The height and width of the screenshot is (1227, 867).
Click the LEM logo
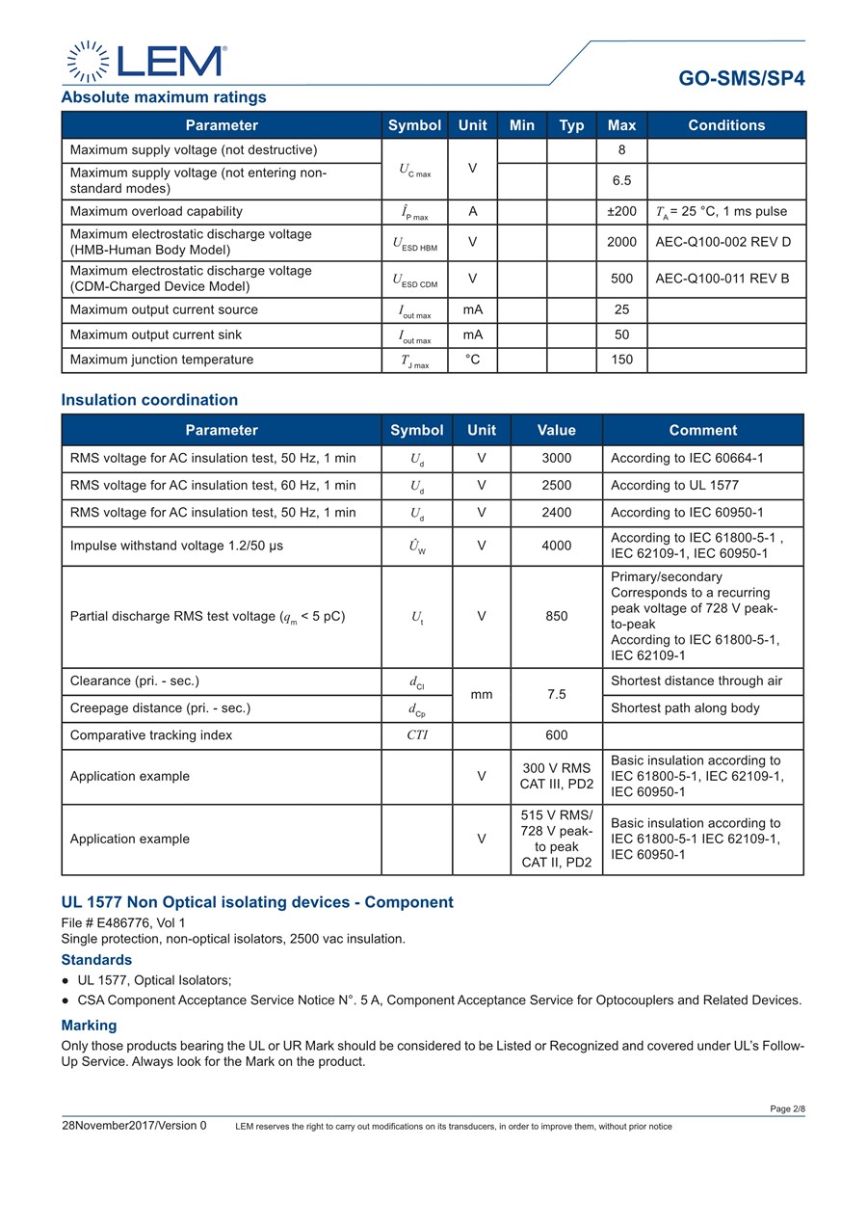(146, 61)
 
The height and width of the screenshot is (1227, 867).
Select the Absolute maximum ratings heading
(164, 97)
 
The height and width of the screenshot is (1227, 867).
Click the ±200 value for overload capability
(621, 212)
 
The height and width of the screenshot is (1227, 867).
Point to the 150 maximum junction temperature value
(621, 360)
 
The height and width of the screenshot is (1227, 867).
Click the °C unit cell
(472, 360)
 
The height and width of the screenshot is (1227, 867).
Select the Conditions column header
(726, 125)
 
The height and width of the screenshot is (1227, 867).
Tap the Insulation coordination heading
(149, 400)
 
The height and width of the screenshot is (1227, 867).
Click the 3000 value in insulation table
(556, 459)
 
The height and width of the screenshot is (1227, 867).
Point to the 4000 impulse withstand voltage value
(556, 546)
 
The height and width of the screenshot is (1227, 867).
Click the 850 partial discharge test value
(556, 617)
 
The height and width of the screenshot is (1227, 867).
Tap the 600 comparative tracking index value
(556, 735)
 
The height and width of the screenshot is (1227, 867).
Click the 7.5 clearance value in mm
(556, 694)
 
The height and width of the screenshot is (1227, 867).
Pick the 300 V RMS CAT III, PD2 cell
(556, 777)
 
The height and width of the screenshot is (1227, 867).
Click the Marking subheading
(89, 1026)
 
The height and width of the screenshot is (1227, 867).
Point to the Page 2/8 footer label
(787, 1109)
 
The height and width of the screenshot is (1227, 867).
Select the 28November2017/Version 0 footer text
(134, 1126)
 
